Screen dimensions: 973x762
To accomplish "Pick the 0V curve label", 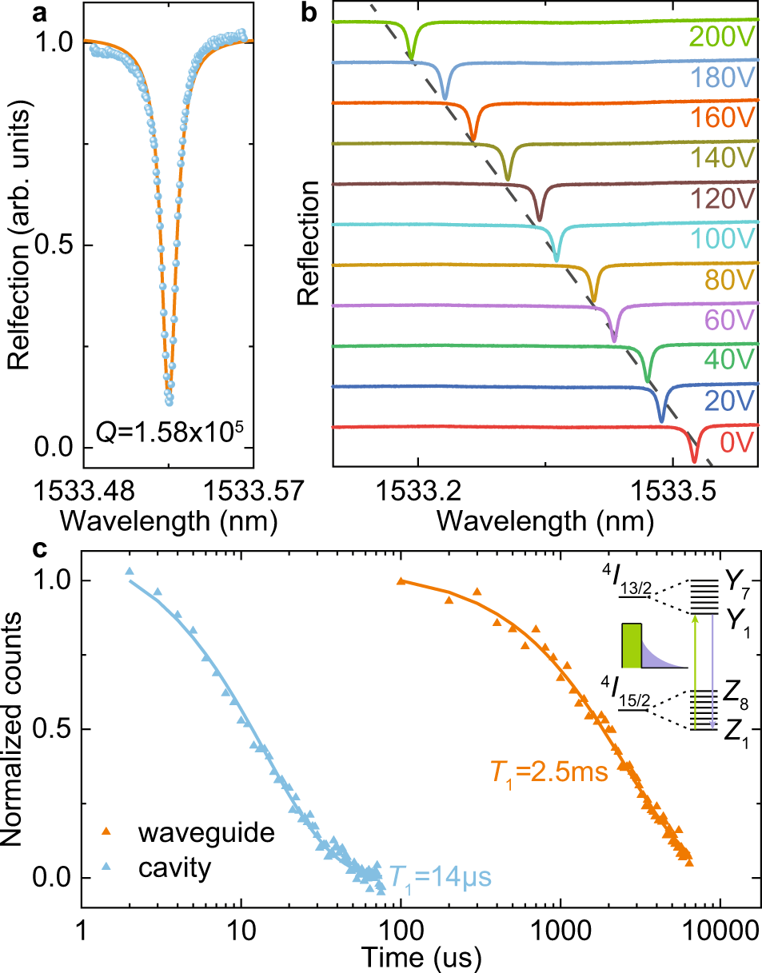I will point(737,442).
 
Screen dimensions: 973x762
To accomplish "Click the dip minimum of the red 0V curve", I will point(694,461).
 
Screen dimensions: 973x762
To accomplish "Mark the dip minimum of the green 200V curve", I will point(412,58).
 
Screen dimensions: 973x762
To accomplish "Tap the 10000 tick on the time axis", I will point(722,931).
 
